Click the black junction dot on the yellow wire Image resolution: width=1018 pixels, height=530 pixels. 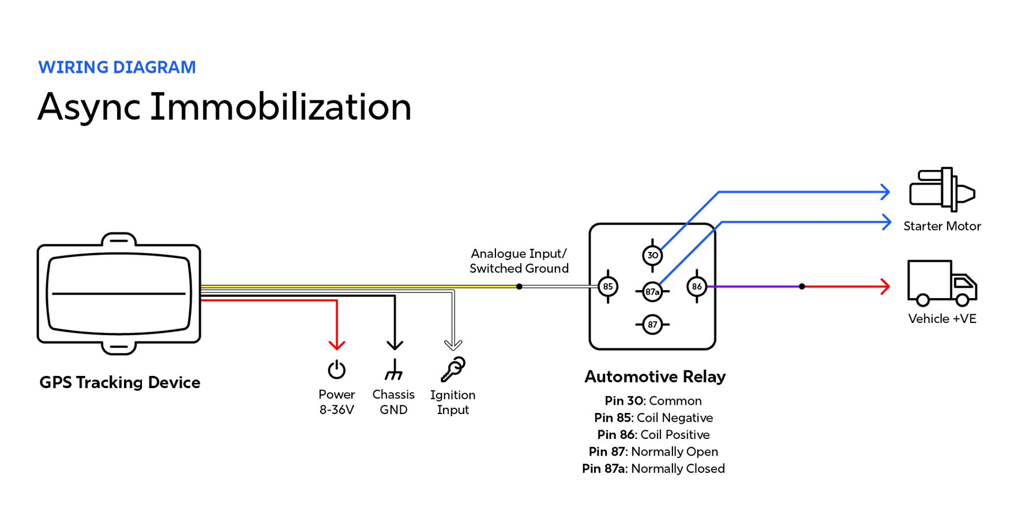(519, 287)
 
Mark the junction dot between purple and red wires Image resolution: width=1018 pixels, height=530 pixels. (802, 287)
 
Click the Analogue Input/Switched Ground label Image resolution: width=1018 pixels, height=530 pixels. (519, 261)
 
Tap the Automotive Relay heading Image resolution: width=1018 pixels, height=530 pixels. (655, 377)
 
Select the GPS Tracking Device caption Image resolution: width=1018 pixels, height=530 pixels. (120, 382)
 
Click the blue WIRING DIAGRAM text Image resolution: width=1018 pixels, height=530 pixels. (117, 67)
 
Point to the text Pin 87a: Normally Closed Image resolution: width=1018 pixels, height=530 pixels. (653, 468)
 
